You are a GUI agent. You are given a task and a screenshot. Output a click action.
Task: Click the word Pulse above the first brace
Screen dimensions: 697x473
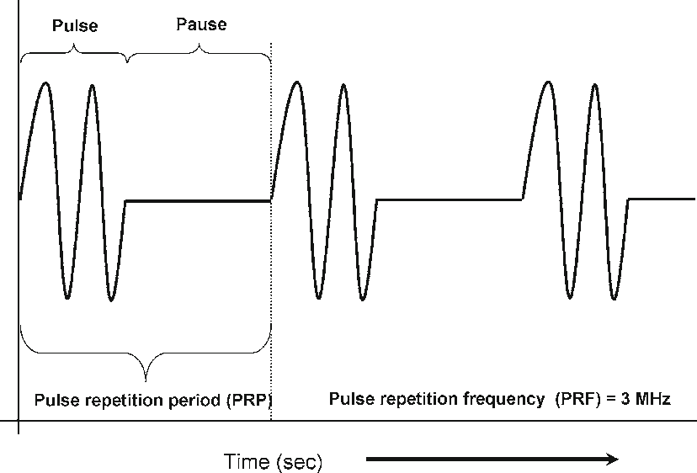tap(75, 25)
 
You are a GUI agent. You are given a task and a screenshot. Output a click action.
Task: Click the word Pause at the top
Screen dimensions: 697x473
tap(201, 24)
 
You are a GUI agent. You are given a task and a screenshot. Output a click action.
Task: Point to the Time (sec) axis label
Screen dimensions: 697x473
tap(273, 461)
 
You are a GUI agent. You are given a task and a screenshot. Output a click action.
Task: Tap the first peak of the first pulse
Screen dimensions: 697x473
tap(45, 82)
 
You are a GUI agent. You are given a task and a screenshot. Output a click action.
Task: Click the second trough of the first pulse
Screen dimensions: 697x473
tap(111, 299)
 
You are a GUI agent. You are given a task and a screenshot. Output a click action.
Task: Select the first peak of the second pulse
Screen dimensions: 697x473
tap(296, 82)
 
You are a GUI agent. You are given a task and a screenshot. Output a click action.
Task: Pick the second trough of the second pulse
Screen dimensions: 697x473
tap(362, 299)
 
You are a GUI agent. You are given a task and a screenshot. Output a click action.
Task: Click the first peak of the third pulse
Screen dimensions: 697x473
tap(548, 82)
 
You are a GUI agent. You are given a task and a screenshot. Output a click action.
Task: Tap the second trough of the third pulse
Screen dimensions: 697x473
tap(614, 299)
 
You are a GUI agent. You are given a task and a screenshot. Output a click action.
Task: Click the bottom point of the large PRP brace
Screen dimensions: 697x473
tap(146, 378)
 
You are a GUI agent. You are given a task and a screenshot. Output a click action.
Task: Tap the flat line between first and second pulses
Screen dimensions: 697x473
tap(198, 200)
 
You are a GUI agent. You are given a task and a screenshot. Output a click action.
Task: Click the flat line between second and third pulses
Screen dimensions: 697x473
tap(450, 199)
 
